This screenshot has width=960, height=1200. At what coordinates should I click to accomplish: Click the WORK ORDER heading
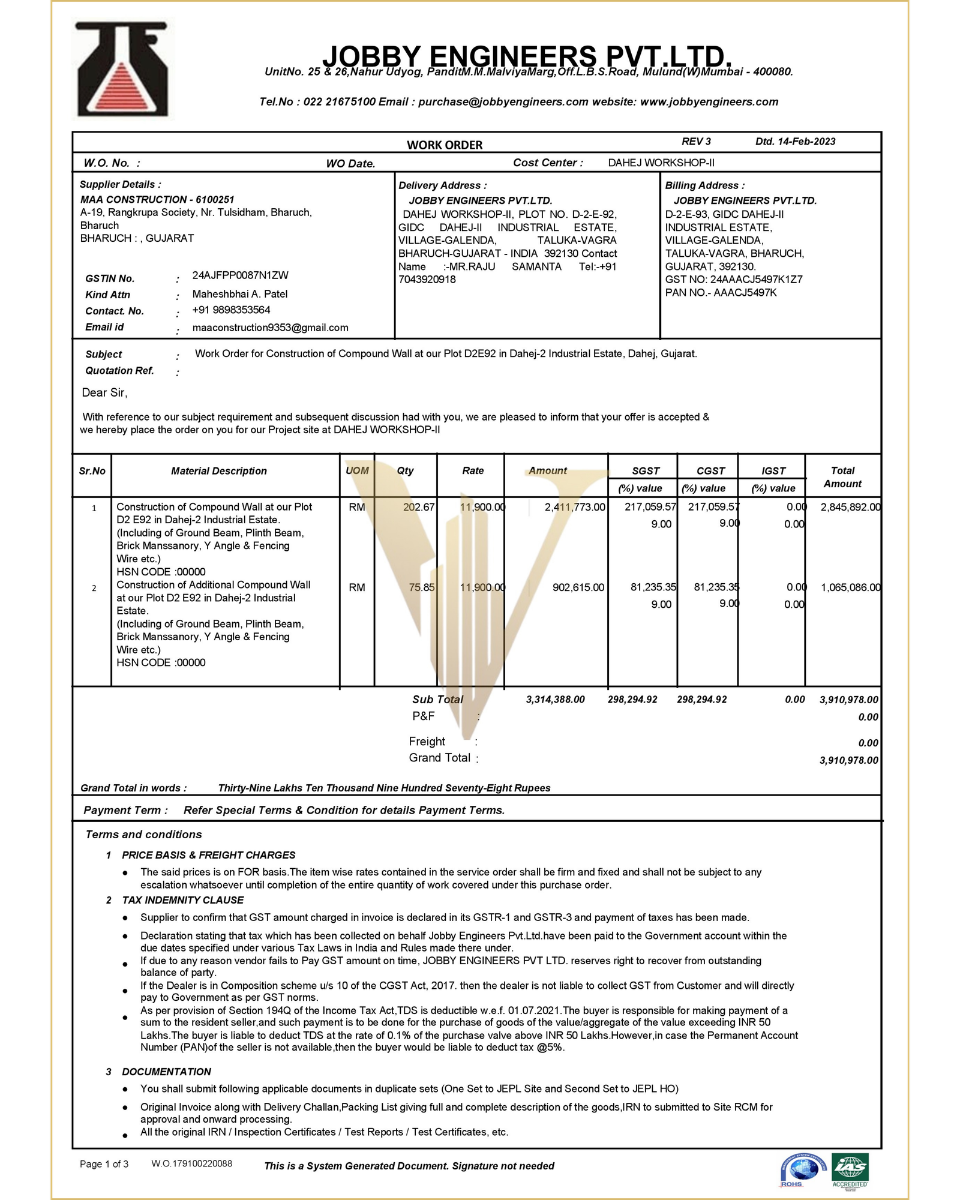pos(445,145)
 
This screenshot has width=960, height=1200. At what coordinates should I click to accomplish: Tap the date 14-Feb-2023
pos(806,142)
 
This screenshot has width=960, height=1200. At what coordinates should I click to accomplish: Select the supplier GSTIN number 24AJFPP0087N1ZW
pos(240,275)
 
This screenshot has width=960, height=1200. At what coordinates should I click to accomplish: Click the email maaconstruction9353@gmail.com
pos(270,328)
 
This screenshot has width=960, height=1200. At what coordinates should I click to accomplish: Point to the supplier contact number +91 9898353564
pos(231,310)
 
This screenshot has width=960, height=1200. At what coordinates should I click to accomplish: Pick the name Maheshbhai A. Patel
pos(239,294)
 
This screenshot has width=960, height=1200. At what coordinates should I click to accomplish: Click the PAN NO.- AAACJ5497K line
pos(721,293)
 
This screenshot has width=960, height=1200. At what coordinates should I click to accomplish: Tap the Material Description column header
pos(219,471)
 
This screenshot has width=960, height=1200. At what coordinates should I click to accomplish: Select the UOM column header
pos(357,471)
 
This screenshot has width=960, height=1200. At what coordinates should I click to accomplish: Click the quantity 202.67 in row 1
pos(418,507)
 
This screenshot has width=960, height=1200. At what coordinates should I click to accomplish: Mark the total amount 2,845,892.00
pos(850,507)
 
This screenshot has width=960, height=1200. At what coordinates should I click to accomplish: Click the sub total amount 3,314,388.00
pos(555,700)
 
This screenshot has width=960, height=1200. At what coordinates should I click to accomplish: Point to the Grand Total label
pos(440,758)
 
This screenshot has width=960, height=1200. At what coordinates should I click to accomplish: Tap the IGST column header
pos(773,471)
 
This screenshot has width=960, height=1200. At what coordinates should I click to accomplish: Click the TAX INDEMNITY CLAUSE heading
pos(183,900)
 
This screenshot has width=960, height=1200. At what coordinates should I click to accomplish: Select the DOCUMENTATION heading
pos(166,1072)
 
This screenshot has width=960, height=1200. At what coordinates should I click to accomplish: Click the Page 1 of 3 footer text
pos(104,1164)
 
